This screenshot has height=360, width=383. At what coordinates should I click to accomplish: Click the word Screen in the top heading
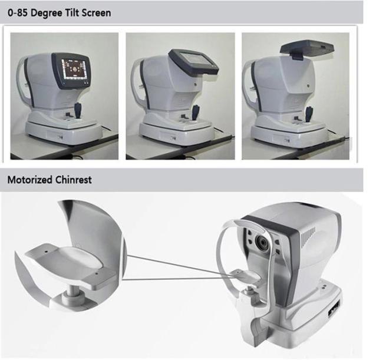point(96,13)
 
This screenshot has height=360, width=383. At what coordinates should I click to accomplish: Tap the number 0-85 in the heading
point(18,13)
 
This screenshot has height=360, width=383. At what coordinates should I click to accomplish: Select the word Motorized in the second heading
point(30,180)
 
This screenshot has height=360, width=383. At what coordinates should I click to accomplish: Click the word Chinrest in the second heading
point(74,180)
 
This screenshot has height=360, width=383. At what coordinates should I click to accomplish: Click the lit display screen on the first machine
point(73,70)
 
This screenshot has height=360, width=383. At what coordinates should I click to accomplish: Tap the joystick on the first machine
point(78,111)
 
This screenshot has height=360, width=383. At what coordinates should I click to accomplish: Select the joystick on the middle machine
point(196,112)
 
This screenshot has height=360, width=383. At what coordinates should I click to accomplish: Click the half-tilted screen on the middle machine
point(194,61)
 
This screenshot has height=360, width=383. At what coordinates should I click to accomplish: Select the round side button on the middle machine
point(196,84)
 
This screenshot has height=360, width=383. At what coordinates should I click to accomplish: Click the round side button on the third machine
point(309,85)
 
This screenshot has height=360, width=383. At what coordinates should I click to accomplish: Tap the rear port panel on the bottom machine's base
point(334,309)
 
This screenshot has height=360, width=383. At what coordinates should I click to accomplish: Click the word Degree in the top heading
point(47,13)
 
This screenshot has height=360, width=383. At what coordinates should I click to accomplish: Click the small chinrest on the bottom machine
point(247,276)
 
